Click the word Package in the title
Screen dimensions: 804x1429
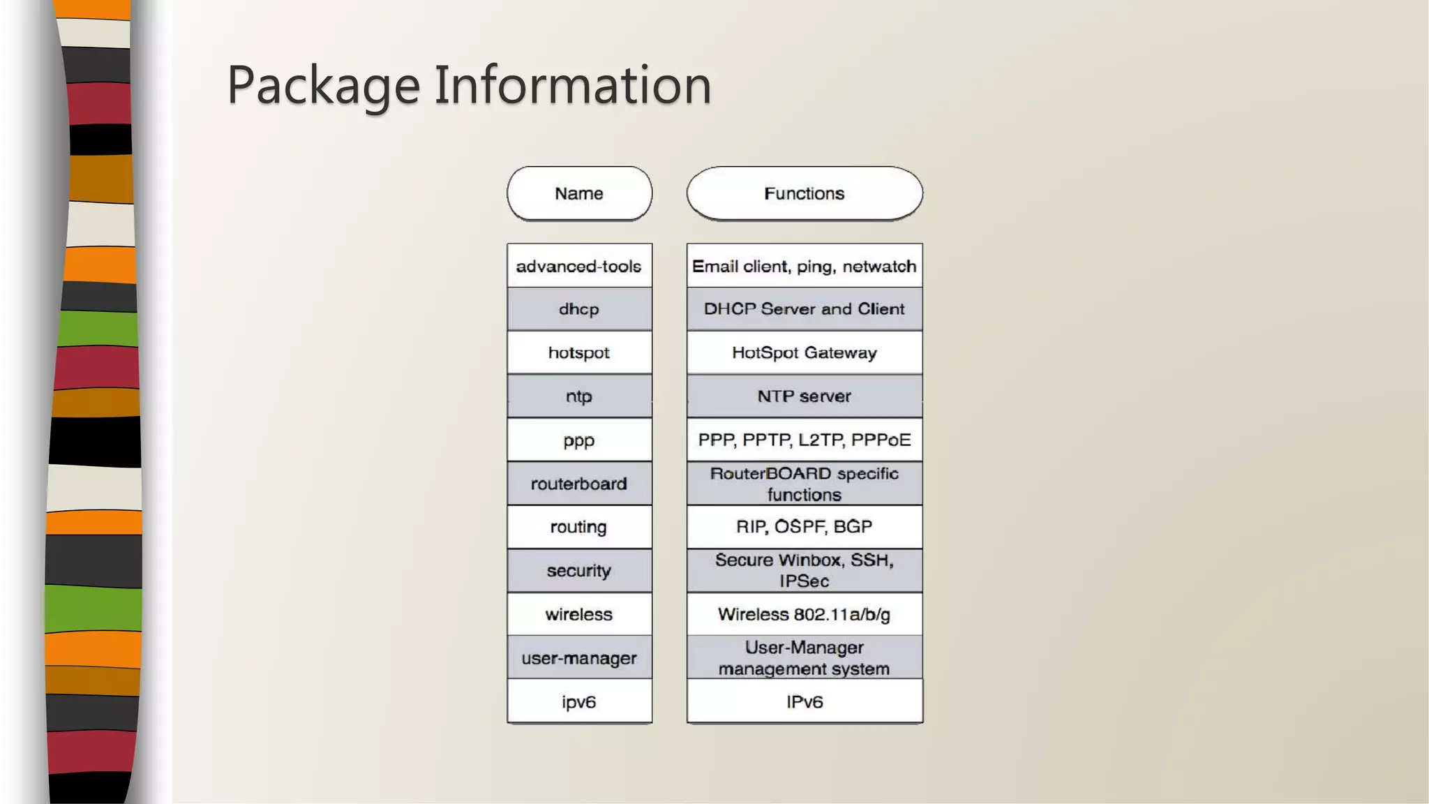(323, 86)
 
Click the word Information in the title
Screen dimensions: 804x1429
(573, 84)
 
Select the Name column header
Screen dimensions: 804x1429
(579, 193)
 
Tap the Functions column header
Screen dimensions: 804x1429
(804, 193)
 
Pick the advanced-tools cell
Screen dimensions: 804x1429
(579, 266)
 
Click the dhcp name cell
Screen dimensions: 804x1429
(579, 309)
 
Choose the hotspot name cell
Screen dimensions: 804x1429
(579, 352)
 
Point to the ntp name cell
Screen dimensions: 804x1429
(579, 396)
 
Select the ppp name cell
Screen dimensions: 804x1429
(579, 440)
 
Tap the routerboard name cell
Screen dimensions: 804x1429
(579, 484)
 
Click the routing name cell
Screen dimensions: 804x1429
(579, 527)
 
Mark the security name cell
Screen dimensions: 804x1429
(579, 571)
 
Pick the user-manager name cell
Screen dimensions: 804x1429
(579, 658)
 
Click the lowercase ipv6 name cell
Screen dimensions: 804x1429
(579, 701)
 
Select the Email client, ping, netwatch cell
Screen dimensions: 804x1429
(804, 266)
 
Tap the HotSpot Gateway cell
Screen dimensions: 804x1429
(804, 352)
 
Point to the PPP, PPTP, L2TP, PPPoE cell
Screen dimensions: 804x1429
(804, 440)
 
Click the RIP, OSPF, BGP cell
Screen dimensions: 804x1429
(804, 527)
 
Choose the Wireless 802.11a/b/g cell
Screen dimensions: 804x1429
(804, 614)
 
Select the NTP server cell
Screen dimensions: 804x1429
(804, 396)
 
